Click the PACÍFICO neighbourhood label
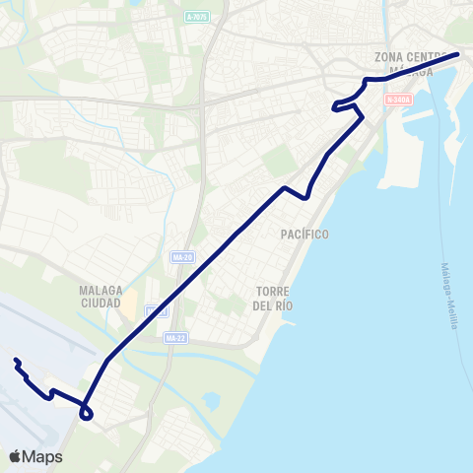click(304, 234)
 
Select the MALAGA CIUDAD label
click(101, 297)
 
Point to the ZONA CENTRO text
click(411, 57)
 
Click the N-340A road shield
click(397, 100)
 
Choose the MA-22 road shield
click(175, 339)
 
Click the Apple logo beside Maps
click(16, 456)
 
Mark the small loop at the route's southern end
click(87, 412)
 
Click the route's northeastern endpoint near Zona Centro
click(458, 54)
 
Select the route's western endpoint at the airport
click(16, 361)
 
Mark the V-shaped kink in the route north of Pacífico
click(307, 196)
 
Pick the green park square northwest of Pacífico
click(280, 159)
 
